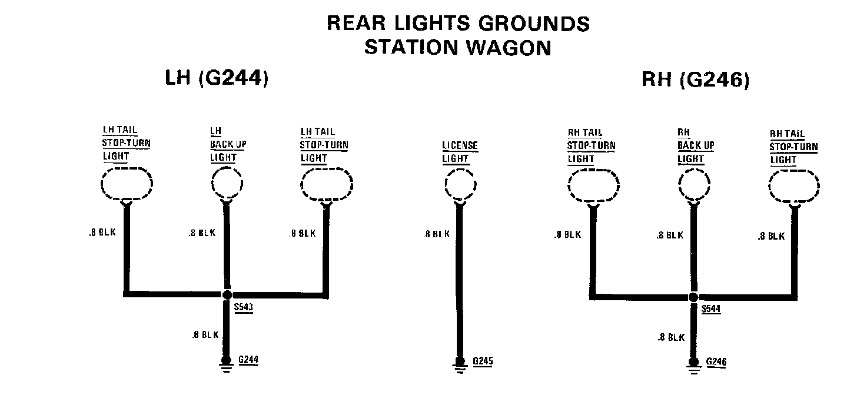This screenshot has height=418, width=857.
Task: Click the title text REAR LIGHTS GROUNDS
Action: click(457, 24)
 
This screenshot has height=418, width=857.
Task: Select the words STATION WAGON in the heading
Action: click(457, 47)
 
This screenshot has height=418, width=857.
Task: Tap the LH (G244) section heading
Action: click(217, 78)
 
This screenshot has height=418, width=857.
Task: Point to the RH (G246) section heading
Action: click(695, 80)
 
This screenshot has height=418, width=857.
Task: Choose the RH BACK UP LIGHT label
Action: click(695, 146)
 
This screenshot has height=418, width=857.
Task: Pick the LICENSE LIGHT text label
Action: click(460, 152)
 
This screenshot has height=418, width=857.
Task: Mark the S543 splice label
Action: click(243, 307)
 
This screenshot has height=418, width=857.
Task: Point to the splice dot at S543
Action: click(227, 294)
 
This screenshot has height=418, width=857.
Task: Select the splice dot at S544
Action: click(694, 297)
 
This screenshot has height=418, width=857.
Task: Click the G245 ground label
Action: click(482, 360)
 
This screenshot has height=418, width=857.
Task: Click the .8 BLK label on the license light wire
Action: click(436, 234)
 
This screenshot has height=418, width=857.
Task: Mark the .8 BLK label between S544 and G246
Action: click(671, 337)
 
